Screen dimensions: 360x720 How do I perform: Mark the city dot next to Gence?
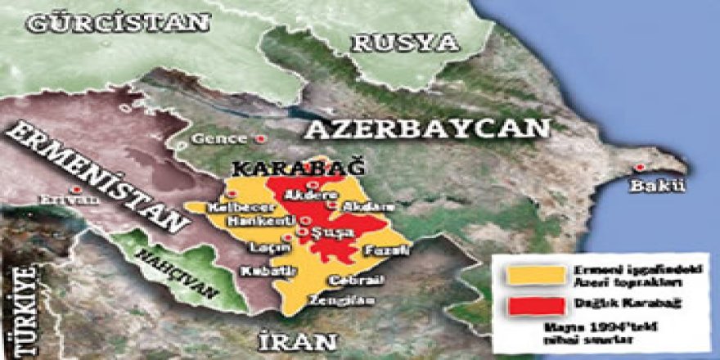click(x=261, y=138)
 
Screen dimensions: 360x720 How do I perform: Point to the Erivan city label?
click(x=62, y=198)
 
